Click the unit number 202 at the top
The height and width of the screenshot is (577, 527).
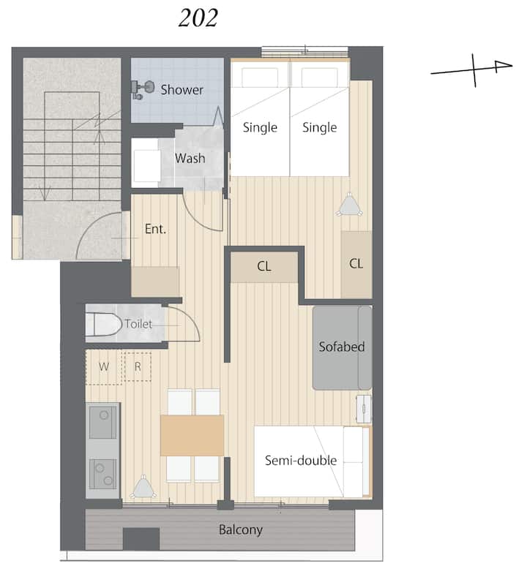(198, 18)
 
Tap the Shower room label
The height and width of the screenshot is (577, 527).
(182, 90)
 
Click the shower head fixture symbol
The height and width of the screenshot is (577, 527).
(142, 89)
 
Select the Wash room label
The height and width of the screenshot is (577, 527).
(190, 158)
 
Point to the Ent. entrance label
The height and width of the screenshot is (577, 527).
(155, 229)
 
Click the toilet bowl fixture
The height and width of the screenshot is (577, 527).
(103, 324)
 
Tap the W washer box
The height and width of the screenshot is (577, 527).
(103, 366)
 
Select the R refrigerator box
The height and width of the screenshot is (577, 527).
(138, 366)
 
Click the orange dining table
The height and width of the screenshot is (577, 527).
(193, 435)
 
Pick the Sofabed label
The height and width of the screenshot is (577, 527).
(342, 347)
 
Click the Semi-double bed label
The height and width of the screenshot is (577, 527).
(301, 460)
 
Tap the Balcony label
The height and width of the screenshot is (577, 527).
(241, 530)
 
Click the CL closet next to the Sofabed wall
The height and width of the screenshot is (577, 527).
(356, 263)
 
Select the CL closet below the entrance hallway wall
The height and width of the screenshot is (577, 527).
(263, 266)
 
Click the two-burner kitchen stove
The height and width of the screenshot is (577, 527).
(103, 474)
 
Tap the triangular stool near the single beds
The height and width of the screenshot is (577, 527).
(349, 204)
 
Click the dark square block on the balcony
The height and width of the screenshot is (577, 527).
(141, 539)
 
